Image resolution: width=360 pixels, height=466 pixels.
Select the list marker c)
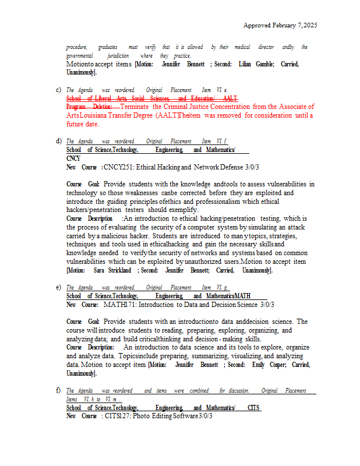point(58,90)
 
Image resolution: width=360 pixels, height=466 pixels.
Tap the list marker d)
point(58,141)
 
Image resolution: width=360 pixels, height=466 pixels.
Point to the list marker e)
point(58,287)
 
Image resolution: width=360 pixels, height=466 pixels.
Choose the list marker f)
point(58,390)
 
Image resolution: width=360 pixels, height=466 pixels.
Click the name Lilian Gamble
point(256,64)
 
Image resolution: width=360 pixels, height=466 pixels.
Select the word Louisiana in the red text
point(96,115)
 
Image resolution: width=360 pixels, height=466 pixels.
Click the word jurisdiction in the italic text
point(118,55)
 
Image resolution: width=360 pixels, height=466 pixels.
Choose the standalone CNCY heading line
point(73,158)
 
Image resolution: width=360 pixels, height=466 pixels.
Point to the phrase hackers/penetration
point(93,210)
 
